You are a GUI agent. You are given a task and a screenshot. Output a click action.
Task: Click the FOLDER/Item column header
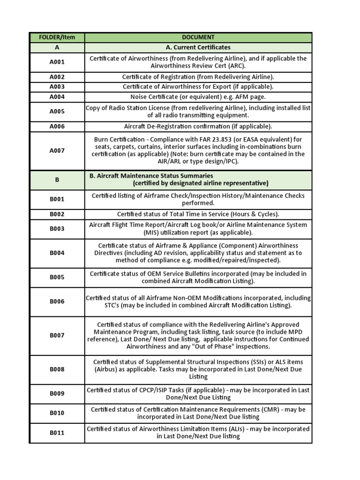coord(57,37)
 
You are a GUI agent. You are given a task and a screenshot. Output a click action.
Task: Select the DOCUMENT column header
coord(198,37)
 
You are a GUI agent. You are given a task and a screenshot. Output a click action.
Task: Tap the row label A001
coord(57,62)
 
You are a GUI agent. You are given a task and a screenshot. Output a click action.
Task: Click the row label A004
coord(57,97)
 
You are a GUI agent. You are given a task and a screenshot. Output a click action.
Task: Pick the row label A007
coord(57,150)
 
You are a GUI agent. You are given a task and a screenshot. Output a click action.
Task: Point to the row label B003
coord(57,229)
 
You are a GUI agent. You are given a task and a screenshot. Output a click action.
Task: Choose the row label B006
coord(57,301)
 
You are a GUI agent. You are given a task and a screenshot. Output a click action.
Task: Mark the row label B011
coord(57,433)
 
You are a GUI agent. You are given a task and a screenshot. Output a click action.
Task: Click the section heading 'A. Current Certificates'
coord(198,47)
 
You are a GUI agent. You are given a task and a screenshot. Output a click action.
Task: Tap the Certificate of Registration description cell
coord(198,77)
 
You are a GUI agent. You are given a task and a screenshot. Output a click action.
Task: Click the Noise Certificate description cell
coord(198,97)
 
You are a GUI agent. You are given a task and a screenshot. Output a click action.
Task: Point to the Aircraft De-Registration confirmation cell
coord(198,127)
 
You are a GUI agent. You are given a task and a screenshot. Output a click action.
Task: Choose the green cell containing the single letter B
coord(57,180)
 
